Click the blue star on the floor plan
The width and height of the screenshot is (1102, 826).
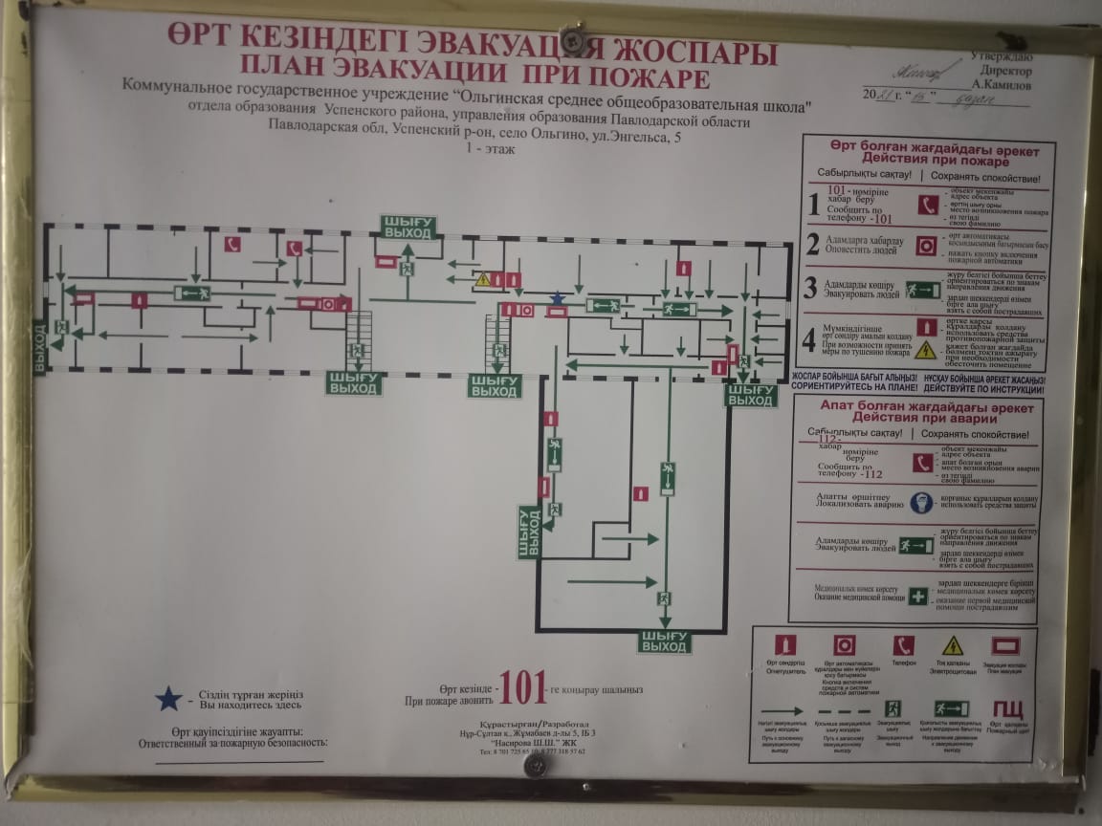coord(557,299)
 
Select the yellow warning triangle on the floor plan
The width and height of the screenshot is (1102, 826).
coord(483,280)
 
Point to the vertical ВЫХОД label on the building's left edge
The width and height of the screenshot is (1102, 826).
coord(39,349)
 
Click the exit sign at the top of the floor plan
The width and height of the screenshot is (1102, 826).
coord(409,228)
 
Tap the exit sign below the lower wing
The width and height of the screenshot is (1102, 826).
coord(664,641)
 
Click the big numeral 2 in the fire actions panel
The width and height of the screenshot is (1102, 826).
coord(812,244)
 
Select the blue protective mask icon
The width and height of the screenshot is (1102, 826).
coord(920,502)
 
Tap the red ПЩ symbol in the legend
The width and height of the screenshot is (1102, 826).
coord(1006,709)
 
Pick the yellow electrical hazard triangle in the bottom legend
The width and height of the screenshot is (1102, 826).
coord(953,645)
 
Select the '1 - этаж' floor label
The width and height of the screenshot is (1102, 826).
coord(488,150)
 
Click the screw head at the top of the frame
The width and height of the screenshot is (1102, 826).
coord(575,39)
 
